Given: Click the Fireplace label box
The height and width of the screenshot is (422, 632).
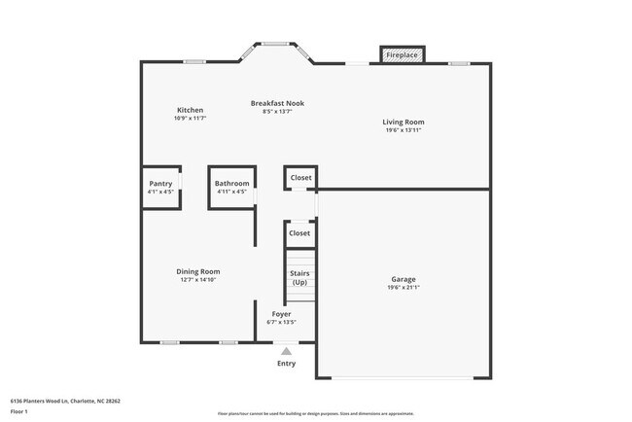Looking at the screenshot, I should tap(402, 55).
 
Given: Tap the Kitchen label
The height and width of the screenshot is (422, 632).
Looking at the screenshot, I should tap(191, 110).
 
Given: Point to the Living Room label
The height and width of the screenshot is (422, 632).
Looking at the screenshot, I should tap(403, 123).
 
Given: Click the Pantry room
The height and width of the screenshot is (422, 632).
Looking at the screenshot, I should tap(160, 187).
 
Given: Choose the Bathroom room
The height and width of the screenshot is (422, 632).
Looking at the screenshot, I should tap(231, 187).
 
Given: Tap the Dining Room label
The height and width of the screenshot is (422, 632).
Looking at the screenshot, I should tap(197, 271).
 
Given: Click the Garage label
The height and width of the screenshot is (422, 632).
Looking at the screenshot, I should tap(403, 280).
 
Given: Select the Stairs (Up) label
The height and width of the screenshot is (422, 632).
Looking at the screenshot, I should tap(299, 278).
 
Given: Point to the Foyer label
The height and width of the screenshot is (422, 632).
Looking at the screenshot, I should tap(281, 314).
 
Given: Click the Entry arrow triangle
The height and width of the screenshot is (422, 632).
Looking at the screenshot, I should tap(286, 351).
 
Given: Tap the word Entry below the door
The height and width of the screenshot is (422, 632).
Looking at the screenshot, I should tap(286, 365).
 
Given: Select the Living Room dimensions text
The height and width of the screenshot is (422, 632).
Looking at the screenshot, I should tap(403, 130).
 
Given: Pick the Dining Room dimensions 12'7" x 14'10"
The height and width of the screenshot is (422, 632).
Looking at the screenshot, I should tap(197, 280).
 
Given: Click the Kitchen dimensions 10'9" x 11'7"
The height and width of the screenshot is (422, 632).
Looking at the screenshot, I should tap(191, 119).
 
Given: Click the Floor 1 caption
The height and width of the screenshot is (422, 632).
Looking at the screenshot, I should tap(19, 411).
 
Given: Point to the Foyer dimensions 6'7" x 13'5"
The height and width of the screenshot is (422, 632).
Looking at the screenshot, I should tap(282, 322).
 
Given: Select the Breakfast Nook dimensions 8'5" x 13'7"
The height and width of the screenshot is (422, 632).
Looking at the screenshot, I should tap(277, 112).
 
